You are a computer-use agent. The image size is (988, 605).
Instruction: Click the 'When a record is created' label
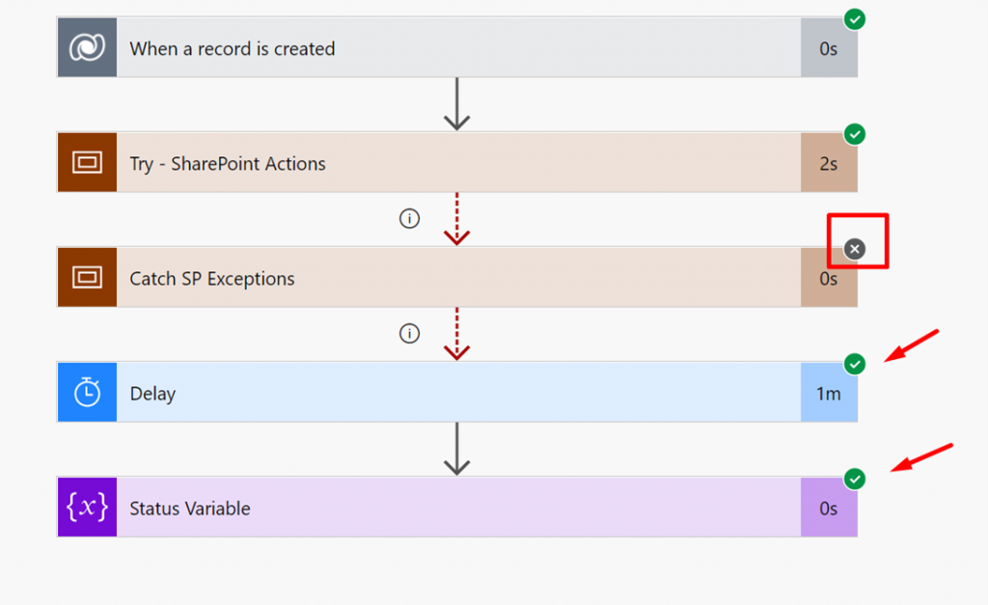(x=232, y=48)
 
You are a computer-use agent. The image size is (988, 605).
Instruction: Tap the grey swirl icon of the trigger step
(x=87, y=47)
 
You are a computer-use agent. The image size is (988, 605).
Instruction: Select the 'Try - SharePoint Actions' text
(x=228, y=164)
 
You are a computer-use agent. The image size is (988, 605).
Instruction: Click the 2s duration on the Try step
(x=828, y=164)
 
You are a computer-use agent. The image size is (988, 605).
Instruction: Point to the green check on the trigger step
(x=855, y=19)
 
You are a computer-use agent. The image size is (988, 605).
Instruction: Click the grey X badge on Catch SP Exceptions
(x=855, y=249)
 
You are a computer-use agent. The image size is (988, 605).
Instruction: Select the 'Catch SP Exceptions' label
(x=211, y=279)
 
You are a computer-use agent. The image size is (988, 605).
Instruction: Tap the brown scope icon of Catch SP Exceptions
(x=87, y=277)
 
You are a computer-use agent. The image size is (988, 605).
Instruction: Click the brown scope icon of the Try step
(x=87, y=163)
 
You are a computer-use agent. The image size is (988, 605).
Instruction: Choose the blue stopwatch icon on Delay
(x=87, y=392)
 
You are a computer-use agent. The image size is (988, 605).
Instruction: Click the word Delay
(x=152, y=394)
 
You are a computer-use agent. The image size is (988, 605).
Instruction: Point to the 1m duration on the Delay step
(x=829, y=394)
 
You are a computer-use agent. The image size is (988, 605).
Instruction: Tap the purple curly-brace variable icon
(x=87, y=507)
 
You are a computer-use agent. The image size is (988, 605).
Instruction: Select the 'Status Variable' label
(x=190, y=509)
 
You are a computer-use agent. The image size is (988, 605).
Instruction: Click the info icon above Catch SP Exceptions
(x=409, y=219)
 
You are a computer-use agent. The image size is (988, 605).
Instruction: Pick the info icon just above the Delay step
(x=409, y=334)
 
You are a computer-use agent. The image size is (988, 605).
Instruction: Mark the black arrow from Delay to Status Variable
(x=456, y=449)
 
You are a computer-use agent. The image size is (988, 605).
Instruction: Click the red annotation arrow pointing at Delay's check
(x=912, y=345)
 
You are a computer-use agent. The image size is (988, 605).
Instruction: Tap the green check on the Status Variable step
(x=855, y=479)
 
